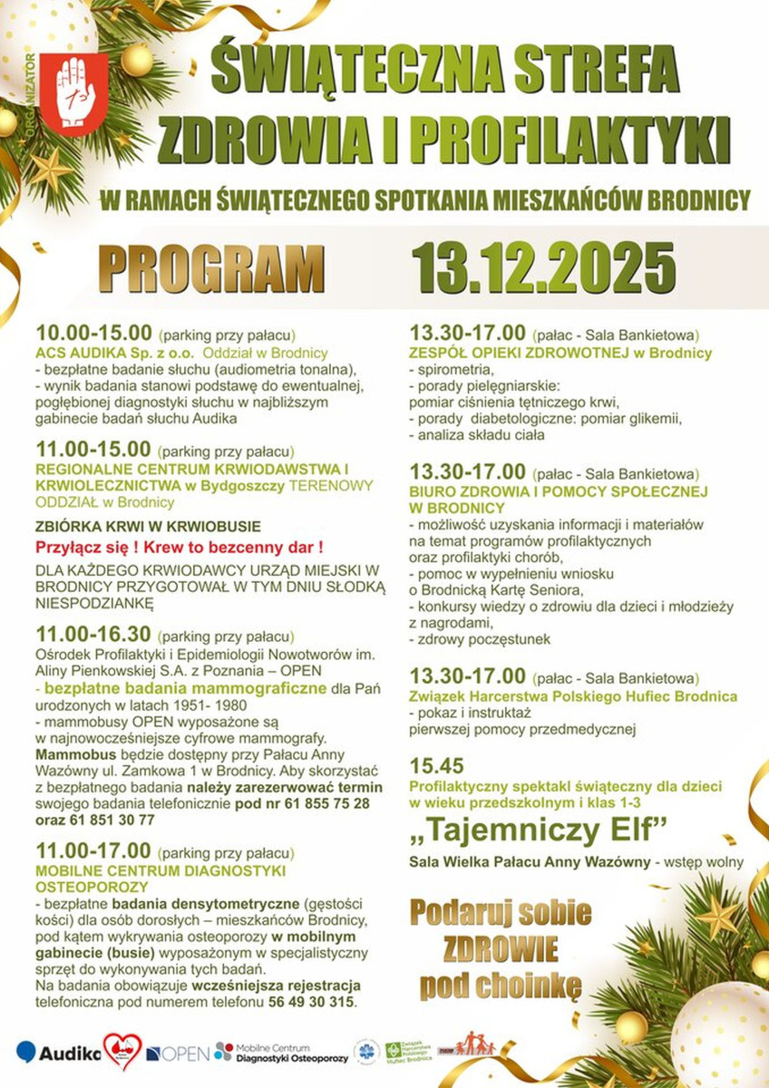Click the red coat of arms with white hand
(82, 91)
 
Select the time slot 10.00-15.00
(92, 332)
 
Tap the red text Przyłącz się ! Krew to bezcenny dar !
(179, 548)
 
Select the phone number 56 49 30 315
(306, 1002)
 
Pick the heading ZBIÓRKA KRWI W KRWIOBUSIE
(148, 526)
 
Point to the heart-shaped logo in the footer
(122, 1051)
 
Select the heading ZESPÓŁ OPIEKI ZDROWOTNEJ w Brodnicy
(560, 353)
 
